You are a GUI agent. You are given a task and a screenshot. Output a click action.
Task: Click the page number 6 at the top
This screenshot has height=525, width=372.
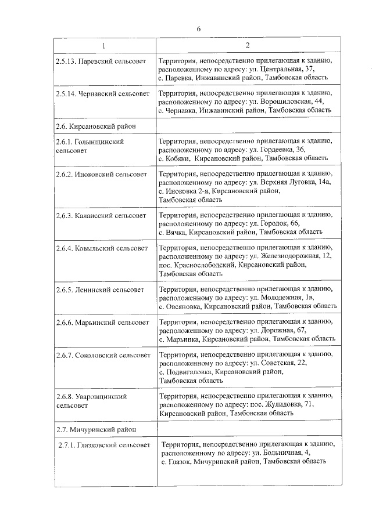point(198,29)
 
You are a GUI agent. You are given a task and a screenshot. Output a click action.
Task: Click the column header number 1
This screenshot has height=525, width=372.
point(104,46)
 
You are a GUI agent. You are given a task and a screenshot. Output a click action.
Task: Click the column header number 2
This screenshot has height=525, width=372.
point(246,46)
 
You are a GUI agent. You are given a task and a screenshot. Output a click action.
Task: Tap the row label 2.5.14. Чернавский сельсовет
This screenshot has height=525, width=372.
point(102,93)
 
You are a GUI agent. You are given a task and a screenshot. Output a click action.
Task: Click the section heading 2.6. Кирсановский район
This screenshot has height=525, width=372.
point(96,125)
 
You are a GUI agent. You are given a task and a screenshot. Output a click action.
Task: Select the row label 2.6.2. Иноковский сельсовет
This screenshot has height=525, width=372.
point(102,174)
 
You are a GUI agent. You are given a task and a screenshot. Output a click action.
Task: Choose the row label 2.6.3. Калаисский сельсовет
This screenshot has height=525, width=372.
point(102,216)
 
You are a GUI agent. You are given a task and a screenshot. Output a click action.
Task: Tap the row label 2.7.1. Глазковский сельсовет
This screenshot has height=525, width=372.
point(105,446)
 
